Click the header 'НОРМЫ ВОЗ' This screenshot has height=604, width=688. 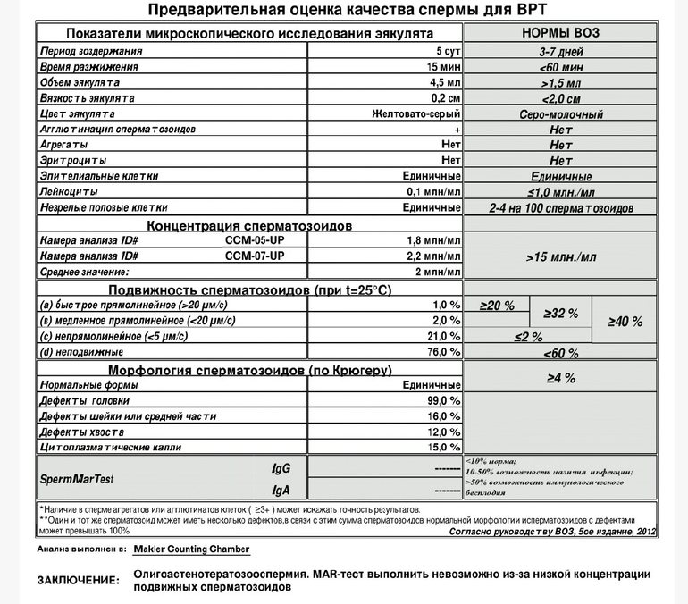[x=560, y=32]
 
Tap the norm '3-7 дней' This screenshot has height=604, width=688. [x=561, y=51]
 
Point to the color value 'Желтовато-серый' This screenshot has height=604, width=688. [x=416, y=114]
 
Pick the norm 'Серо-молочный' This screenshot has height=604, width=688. [x=561, y=114]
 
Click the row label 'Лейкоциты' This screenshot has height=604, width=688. [x=68, y=191]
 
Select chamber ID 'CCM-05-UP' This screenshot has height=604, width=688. [x=256, y=240]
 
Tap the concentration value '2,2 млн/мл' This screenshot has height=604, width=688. [x=435, y=256]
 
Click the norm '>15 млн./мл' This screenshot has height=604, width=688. [x=561, y=256]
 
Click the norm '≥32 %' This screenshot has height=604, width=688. [x=561, y=314]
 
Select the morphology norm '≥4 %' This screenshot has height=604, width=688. [x=561, y=378]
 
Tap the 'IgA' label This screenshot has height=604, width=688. [x=281, y=490]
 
